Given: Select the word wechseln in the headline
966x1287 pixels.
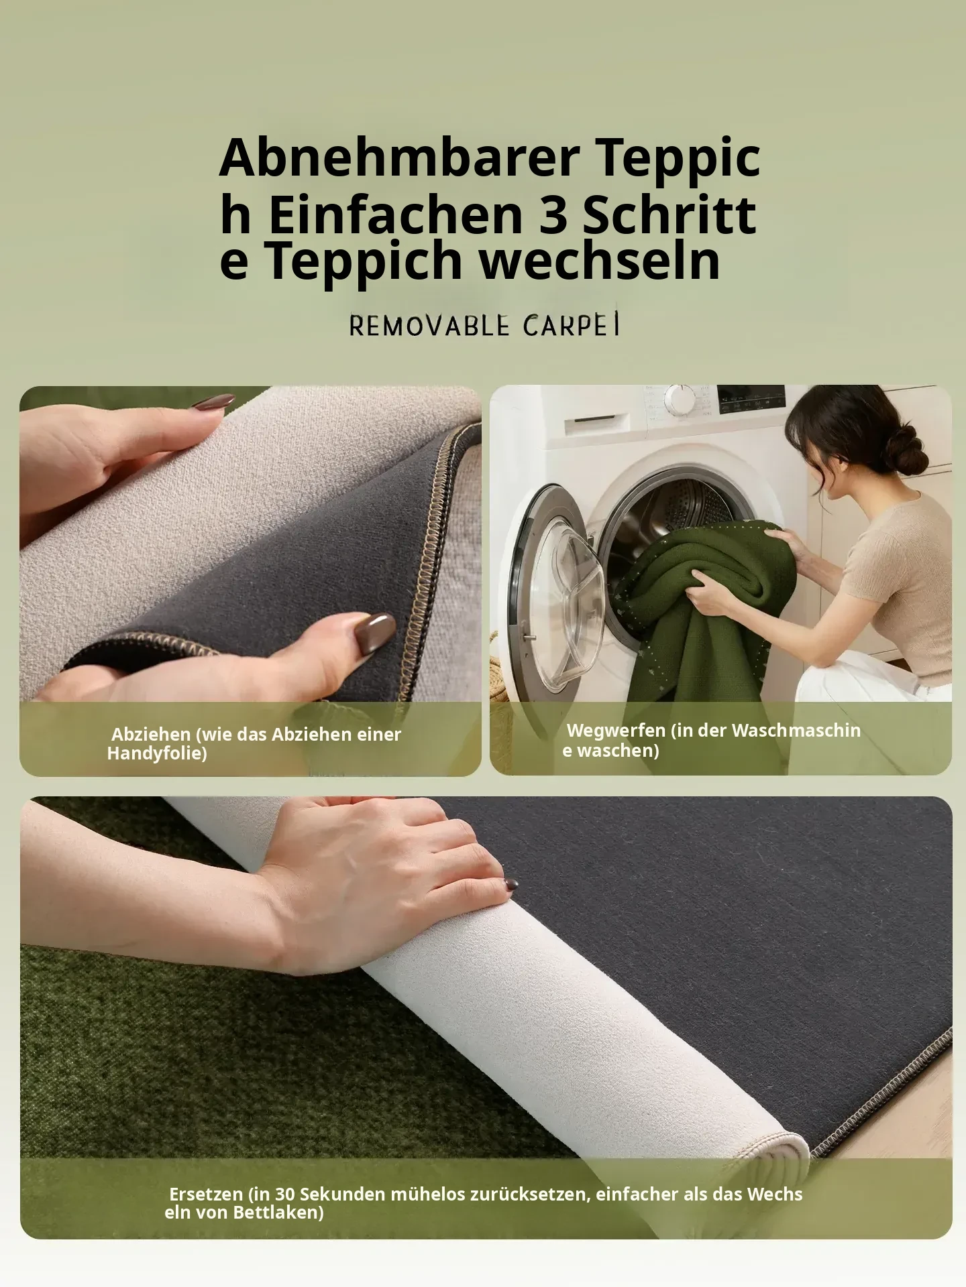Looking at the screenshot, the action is tap(600, 261).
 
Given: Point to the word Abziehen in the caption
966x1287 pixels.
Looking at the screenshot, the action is tap(151, 735).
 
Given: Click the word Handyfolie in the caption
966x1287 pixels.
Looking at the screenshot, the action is tap(154, 753).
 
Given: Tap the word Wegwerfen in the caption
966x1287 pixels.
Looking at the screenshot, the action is tap(616, 730).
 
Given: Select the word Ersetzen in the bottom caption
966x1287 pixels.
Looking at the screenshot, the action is tap(206, 1194).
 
